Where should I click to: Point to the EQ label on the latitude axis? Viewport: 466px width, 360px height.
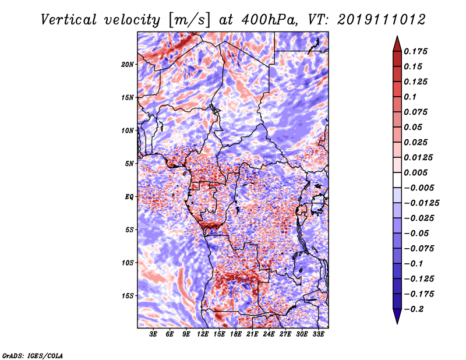(x=129, y=196)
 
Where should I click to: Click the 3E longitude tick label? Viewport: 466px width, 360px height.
(x=153, y=334)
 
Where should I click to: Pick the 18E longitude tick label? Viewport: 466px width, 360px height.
(x=236, y=334)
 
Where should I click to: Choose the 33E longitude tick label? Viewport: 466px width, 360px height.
(x=319, y=334)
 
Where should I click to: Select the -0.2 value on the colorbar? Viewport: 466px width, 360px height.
(x=415, y=309)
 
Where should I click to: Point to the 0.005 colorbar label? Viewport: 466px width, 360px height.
(x=417, y=172)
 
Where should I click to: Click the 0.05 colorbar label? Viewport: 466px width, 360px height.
(x=414, y=127)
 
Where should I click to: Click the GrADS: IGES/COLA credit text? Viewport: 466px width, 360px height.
(x=32, y=355)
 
